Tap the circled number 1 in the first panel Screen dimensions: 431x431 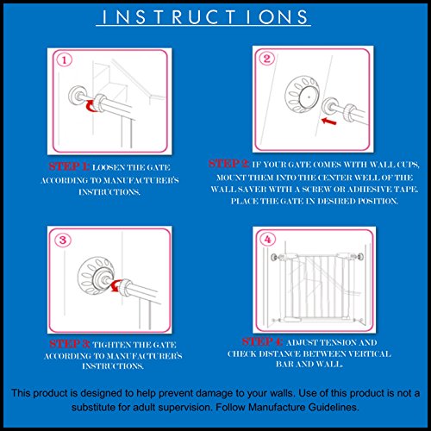pos(64,60)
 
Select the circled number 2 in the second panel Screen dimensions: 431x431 pos(267,59)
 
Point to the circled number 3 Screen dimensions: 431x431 pos(63,240)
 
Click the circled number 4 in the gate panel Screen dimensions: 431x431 pos(268,239)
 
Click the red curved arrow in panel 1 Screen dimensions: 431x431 pos(91,106)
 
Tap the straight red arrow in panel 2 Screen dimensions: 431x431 pos(329,121)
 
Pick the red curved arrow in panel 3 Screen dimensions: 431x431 pos(116,286)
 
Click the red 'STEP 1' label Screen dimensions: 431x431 pos(69,166)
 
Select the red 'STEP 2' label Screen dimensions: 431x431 pos(228,164)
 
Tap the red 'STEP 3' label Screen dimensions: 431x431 pos(70,344)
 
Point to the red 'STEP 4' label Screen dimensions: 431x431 pos(262,341)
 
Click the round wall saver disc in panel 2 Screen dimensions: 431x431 pos(303,94)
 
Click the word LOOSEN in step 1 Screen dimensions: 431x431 pos(109,167)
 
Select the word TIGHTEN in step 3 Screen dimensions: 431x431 pos(109,345)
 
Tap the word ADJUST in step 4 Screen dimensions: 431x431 pos(302,342)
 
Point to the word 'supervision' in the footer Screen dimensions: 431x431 pos(187,408)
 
